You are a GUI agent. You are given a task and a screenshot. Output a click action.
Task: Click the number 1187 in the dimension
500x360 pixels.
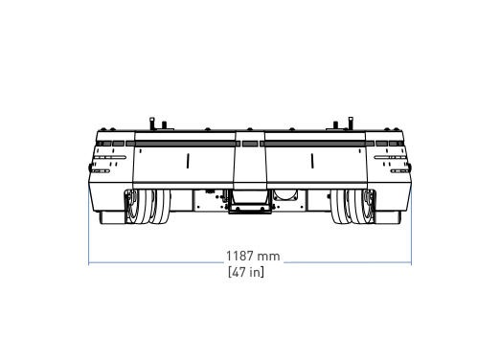coord(239,256)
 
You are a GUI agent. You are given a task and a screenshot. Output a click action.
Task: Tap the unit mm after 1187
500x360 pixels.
coord(268,257)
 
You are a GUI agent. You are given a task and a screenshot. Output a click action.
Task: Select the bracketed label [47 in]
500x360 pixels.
coord(246,272)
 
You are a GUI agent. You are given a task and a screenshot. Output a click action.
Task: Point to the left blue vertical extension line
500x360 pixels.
coord(88,225)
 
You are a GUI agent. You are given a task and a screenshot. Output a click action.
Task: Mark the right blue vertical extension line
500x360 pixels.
coord(411,225)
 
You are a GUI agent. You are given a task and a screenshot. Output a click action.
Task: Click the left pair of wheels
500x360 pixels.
coord(148,206)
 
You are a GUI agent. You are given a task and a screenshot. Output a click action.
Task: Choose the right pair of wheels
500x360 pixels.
coord(352,206)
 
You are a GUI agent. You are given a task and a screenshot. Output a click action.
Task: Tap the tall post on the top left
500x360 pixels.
coord(152,124)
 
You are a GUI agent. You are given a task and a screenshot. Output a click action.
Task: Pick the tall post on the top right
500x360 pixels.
coord(351,124)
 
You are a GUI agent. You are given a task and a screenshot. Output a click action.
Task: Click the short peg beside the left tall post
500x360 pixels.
coord(164,124)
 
